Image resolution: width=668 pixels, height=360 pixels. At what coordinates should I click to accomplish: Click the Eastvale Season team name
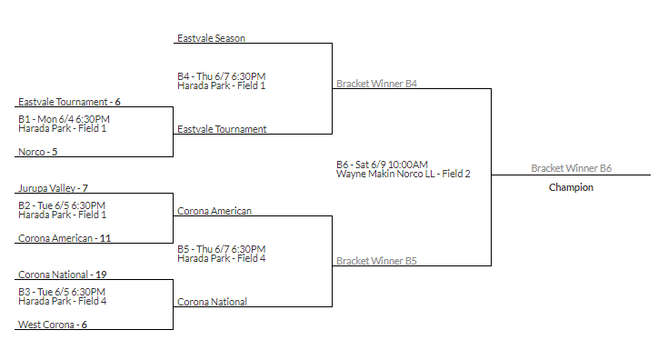[x=211, y=38]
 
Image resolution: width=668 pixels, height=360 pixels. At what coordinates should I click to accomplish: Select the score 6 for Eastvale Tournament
[x=117, y=102]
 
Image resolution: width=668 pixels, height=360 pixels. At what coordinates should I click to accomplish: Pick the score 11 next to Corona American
[x=105, y=238]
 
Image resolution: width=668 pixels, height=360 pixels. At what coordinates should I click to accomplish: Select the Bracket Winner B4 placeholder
[x=376, y=84]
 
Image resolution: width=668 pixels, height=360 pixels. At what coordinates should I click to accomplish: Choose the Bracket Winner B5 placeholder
[x=376, y=261]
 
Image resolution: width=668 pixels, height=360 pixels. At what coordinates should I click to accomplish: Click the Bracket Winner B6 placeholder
[x=571, y=168]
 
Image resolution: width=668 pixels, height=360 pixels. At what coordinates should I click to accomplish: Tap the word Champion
[x=571, y=187]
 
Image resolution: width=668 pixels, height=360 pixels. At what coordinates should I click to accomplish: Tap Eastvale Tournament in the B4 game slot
[x=222, y=129]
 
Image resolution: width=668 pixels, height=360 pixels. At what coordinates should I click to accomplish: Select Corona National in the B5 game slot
[x=212, y=302]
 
